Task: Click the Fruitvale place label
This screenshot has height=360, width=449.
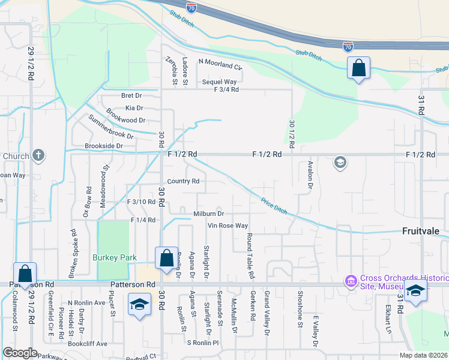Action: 422,230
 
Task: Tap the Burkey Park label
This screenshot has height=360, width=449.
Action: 115,257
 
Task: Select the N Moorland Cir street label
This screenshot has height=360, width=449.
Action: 220,61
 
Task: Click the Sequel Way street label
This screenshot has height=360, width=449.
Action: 219,81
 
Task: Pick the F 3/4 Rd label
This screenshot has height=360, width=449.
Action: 226,89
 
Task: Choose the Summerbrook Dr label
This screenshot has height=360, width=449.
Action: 111,127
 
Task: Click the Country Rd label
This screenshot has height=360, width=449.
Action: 183,181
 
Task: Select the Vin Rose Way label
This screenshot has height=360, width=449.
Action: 228,226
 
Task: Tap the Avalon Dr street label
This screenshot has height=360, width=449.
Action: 310,175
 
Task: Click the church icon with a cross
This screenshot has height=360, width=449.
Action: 38,156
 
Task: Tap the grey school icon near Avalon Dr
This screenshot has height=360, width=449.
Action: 340,162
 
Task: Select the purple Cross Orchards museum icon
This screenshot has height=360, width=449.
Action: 351,280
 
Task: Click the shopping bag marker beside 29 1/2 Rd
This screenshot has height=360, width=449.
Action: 25,273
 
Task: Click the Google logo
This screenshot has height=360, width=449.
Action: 20,353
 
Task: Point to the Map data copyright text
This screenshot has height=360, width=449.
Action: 423,355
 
